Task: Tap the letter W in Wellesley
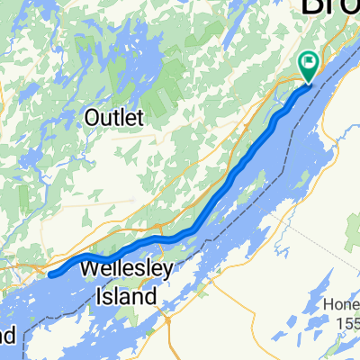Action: [91, 270]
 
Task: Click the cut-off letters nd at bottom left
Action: [6, 337]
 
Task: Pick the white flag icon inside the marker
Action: [309, 62]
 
